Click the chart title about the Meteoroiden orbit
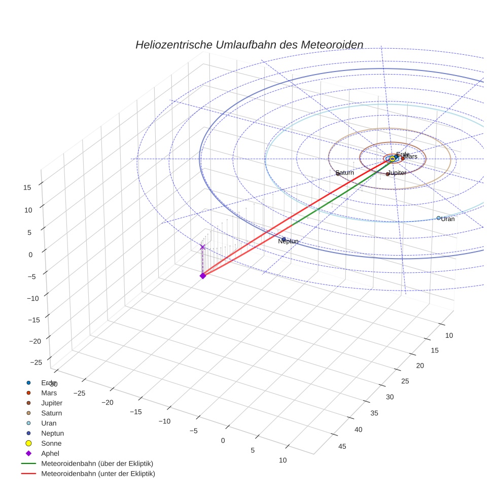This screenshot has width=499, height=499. tap(249, 45)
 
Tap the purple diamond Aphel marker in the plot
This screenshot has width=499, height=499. tap(202, 275)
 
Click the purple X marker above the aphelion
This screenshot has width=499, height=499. tap(202, 247)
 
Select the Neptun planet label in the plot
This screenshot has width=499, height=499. tap(288, 241)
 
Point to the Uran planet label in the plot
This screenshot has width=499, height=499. tap(447, 219)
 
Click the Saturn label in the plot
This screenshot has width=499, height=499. tap(345, 173)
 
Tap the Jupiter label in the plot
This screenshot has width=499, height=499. tap(397, 173)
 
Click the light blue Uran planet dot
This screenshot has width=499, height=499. tap(439, 218)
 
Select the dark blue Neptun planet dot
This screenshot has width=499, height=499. tap(283, 239)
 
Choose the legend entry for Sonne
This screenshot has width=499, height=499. tap(51, 443)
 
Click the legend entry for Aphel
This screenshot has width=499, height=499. tap(51, 453)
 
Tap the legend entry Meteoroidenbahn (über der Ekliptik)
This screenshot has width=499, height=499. tap(97, 464)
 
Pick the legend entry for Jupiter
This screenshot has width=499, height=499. tap(52, 403)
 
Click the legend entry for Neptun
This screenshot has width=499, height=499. tap(52, 433)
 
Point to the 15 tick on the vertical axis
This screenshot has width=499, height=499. tap(27, 187)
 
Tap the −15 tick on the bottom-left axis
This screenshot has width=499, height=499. tap(135, 411)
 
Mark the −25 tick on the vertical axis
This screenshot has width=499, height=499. tap(35, 362)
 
